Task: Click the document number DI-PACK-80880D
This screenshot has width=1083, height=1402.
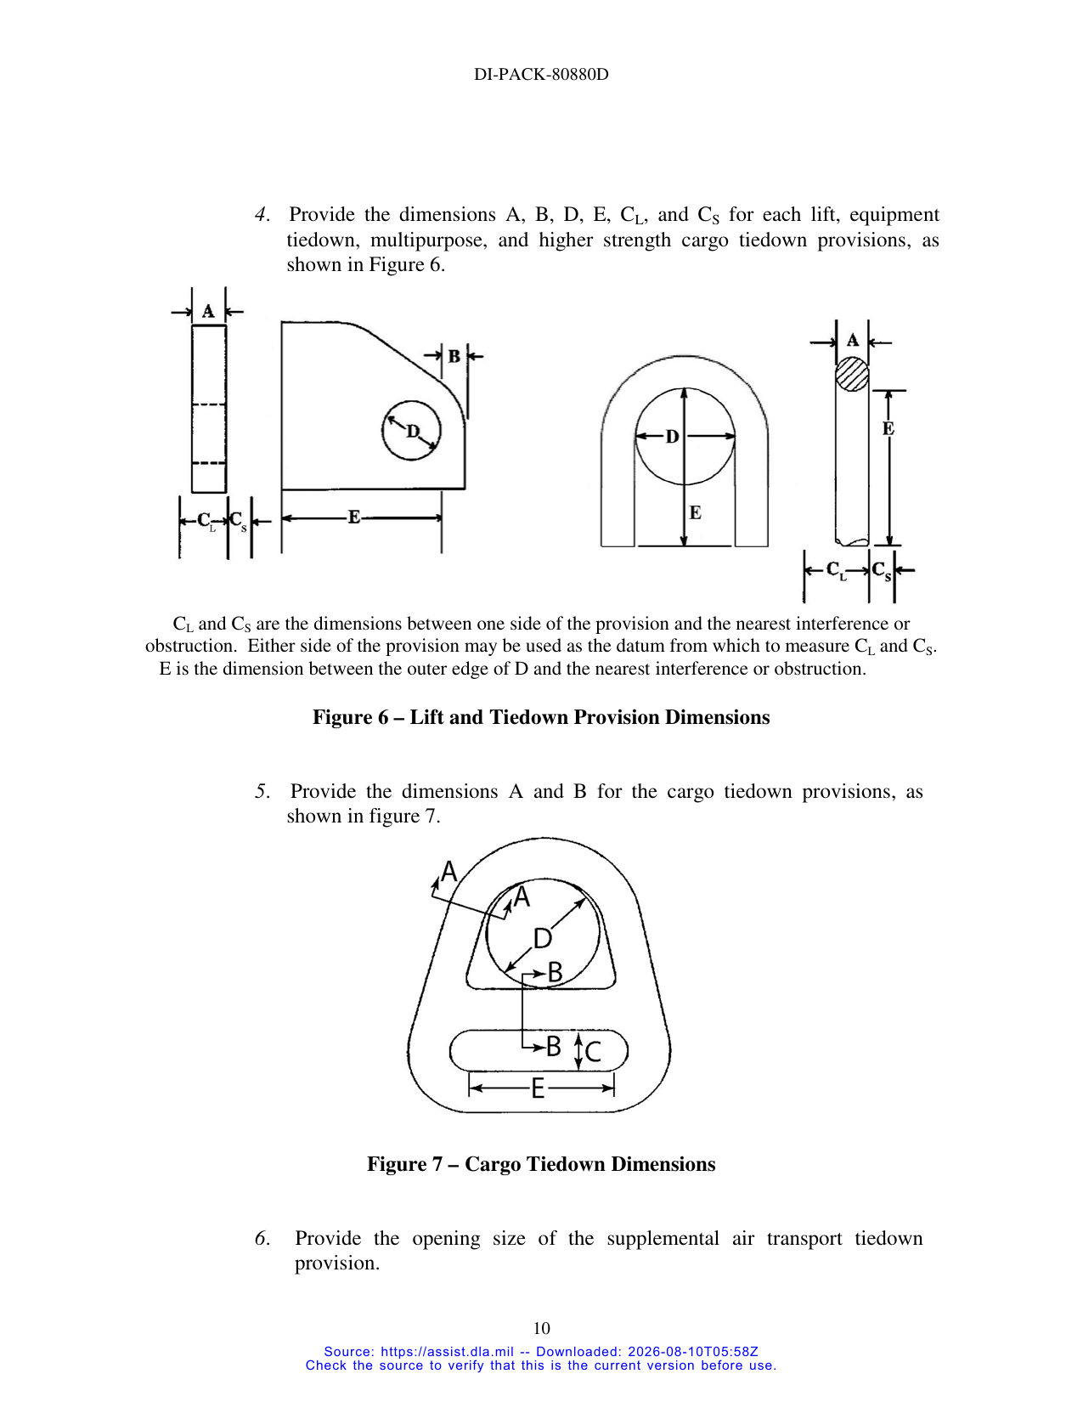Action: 541,75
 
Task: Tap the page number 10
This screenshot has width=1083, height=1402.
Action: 541,1328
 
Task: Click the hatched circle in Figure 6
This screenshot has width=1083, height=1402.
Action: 852,375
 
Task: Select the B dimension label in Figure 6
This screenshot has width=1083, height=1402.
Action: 454,355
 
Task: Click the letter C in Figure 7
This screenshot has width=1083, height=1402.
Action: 593,1052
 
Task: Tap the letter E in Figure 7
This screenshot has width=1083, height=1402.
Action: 538,1089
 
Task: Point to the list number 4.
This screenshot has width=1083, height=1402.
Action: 262,214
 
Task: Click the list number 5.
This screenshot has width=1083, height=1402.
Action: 262,791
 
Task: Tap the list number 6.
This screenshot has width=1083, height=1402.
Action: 262,1238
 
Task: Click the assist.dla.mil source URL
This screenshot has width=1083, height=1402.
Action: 447,1352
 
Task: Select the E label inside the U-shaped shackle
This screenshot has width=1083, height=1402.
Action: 695,513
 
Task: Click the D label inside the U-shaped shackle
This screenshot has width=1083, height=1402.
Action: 672,437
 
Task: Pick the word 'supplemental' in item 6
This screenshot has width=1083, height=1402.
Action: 663,1240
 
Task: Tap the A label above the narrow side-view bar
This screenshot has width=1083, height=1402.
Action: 208,312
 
